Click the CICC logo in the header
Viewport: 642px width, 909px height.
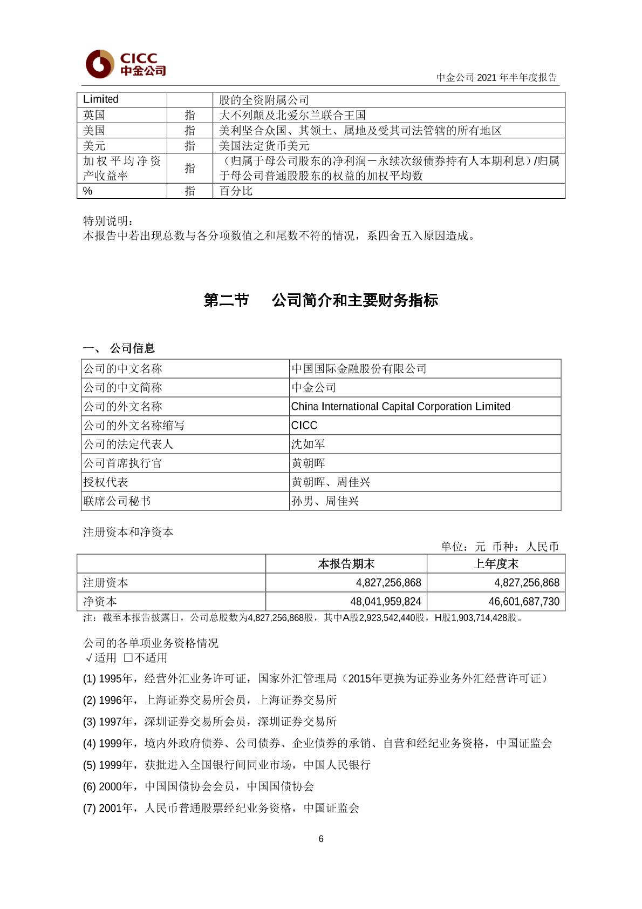(125, 64)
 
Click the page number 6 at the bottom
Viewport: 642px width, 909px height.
(321, 839)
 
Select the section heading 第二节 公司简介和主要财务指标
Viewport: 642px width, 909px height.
(320, 300)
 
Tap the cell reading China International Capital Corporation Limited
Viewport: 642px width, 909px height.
(400, 407)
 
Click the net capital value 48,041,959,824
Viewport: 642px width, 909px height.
(385, 602)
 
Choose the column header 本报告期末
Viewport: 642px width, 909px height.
(346, 564)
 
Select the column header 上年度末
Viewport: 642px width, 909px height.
(496, 564)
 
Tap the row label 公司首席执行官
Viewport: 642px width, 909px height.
(122, 463)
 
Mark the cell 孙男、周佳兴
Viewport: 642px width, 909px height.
(325, 501)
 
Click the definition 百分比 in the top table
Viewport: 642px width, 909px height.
(236, 191)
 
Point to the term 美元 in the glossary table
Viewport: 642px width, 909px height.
(94, 146)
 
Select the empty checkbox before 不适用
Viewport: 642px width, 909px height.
(128, 658)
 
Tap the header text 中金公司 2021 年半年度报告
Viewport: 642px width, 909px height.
(496, 77)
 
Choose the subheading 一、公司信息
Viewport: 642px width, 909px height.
(119, 348)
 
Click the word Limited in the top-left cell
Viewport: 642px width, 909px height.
(101, 99)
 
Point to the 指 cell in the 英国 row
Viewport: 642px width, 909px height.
(190, 115)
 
